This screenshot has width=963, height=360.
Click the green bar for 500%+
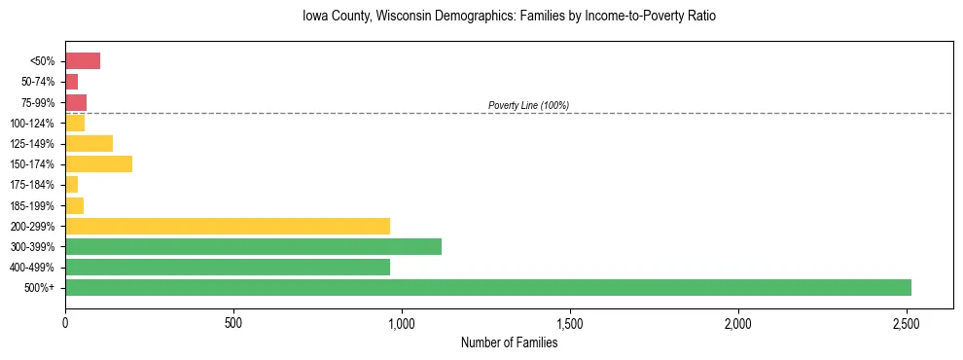point(487,287)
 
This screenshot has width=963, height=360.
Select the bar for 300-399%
point(253,246)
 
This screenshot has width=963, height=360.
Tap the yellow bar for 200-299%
point(228,226)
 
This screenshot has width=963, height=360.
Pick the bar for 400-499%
point(228,267)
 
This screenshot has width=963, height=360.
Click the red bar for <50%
point(83,61)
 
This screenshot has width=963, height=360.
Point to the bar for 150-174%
point(98,163)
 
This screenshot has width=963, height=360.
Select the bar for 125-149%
point(89,143)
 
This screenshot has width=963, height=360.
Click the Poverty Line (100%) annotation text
point(528,105)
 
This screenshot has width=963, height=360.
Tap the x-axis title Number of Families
point(509,342)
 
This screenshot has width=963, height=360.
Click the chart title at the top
point(509,17)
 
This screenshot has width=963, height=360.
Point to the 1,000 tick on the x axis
point(402,323)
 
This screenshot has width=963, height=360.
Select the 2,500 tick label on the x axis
point(907,323)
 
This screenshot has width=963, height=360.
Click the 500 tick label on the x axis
point(233,323)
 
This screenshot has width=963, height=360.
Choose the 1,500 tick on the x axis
point(570,323)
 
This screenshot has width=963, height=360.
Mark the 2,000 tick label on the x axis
point(738,323)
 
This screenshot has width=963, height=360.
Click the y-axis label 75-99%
point(38,102)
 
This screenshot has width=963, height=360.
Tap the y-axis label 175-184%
point(32,185)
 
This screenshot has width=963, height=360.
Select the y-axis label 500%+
point(40,288)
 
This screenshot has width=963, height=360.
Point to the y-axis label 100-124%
point(32,123)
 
